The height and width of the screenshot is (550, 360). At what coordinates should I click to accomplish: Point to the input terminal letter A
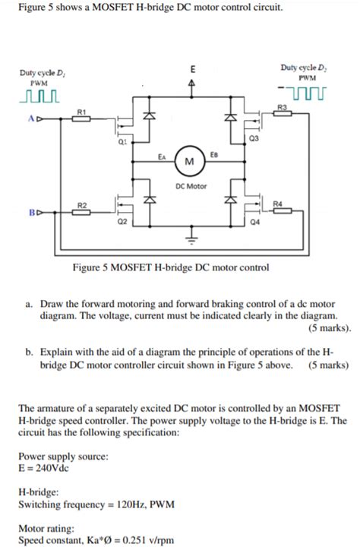[x=30, y=119]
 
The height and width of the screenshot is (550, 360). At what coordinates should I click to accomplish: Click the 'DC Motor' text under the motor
[x=190, y=185]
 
